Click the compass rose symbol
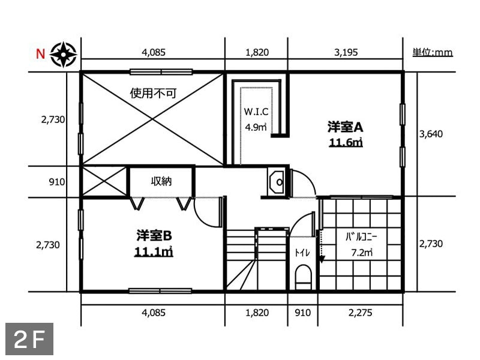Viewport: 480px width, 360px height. [64, 55]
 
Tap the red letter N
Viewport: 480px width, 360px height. [40, 54]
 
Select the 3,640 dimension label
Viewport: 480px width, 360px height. [431, 134]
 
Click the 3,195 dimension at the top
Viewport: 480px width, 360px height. [346, 52]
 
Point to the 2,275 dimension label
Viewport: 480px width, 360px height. [361, 313]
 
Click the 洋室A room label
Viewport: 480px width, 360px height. [346, 127]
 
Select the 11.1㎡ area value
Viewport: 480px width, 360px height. [154, 251]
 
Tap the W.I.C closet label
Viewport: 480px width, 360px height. [256, 112]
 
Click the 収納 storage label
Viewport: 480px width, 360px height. [161, 181]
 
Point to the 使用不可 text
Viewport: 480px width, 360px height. [154, 93]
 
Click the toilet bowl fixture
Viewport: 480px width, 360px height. [304, 277]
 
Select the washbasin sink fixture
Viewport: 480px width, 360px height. [277, 182]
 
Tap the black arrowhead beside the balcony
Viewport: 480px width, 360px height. [321, 259]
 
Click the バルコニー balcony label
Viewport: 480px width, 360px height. [361, 236]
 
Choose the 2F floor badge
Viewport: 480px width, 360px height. [29, 339]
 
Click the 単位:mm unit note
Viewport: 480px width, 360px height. [433, 52]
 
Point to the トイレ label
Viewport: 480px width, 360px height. [302, 253]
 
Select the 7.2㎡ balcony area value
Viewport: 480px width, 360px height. [362, 253]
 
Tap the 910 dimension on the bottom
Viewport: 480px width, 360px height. [302, 313]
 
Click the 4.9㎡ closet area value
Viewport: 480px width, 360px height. [256, 127]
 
